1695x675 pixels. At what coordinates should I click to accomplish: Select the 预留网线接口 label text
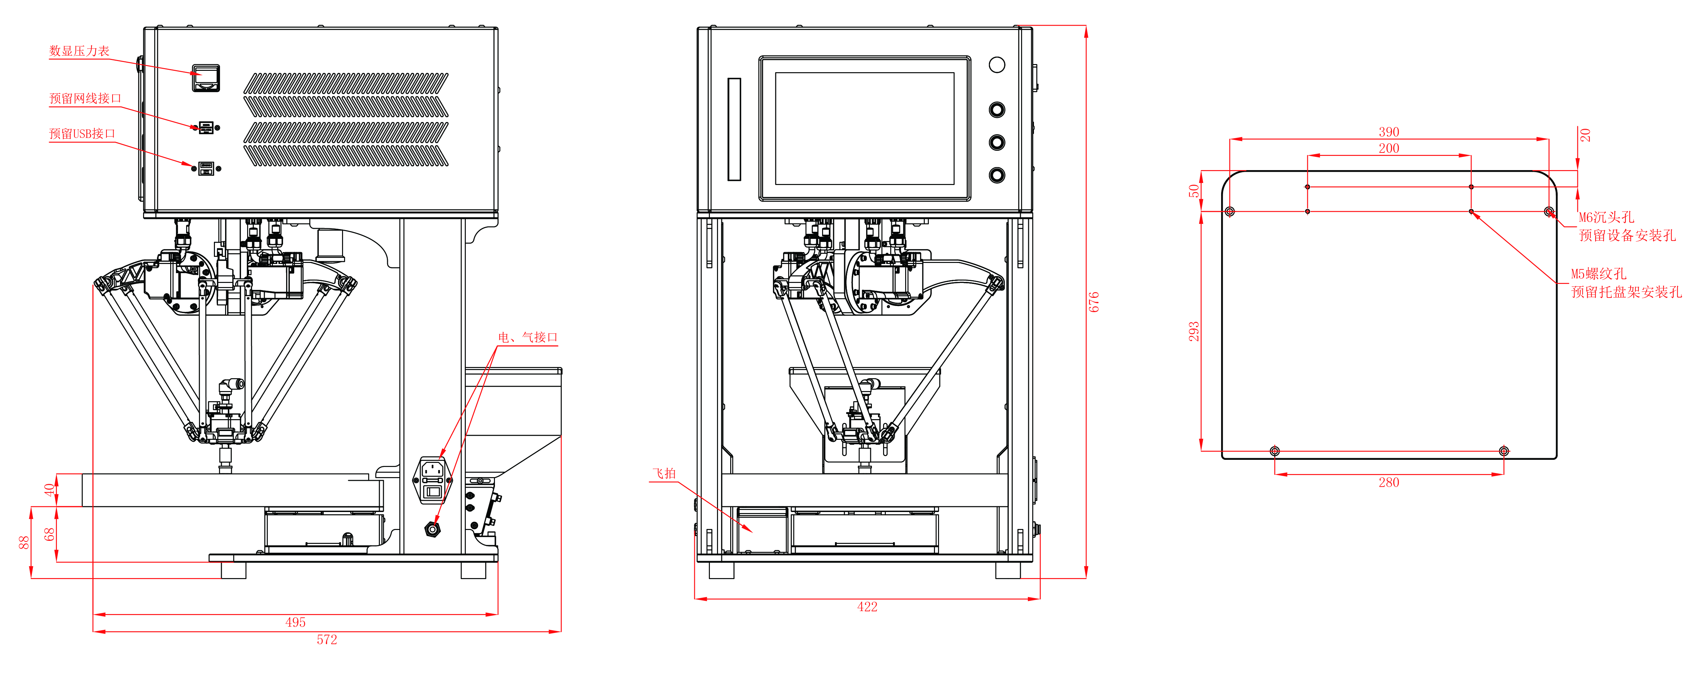click(x=85, y=99)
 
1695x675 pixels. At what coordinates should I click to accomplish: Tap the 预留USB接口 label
click(x=82, y=134)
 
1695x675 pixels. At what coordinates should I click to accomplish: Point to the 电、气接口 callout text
click(x=528, y=337)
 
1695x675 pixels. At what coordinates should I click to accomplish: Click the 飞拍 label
click(x=664, y=474)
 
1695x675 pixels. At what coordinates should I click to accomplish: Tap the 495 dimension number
click(x=296, y=622)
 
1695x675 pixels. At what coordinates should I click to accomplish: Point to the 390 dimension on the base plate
click(x=1389, y=131)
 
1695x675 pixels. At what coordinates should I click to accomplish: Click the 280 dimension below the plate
click(x=1389, y=482)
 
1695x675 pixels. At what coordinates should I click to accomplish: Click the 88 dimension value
click(x=24, y=542)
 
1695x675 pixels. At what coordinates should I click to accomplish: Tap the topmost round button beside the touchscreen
click(x=997, y=64)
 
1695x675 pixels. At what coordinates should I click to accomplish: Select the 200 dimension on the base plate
click(x=1389, y=148)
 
